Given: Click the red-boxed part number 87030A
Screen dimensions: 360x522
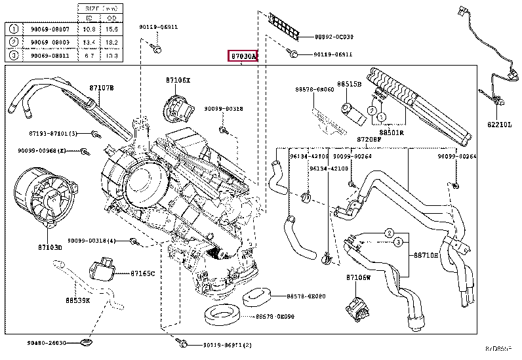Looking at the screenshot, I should [x=243, y=57].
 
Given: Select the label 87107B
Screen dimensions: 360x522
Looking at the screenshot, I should [x=102, y=87].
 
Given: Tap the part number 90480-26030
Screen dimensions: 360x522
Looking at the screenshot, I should [x=47, y=342].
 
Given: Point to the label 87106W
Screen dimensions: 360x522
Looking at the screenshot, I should [x=359, y=277].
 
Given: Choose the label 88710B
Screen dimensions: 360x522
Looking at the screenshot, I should [x=425, y=255].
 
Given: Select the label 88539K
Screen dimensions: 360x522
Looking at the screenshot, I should [x=77, y=301].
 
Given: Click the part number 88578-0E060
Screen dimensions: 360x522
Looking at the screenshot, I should [x=314, y=89].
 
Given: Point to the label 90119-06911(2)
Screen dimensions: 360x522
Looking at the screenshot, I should [x=226, y=345].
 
